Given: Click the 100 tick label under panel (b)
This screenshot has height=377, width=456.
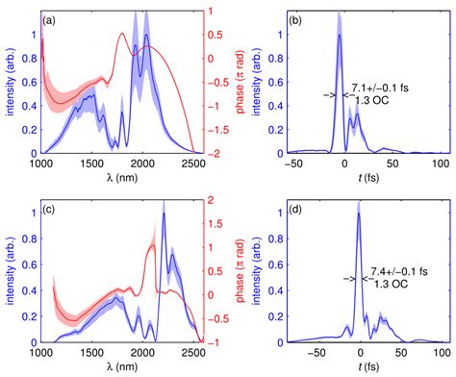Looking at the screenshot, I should point(443,164).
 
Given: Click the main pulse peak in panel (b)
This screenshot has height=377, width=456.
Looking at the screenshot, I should point(340,36).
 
